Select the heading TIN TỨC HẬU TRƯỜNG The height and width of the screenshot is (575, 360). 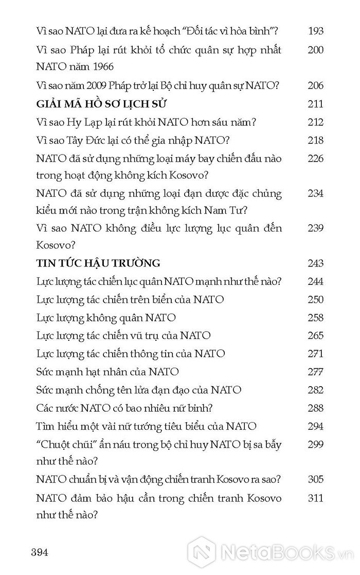99,263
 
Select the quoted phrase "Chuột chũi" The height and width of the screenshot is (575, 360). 64,444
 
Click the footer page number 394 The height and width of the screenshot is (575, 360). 39,552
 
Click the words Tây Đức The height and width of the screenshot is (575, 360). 91,141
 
